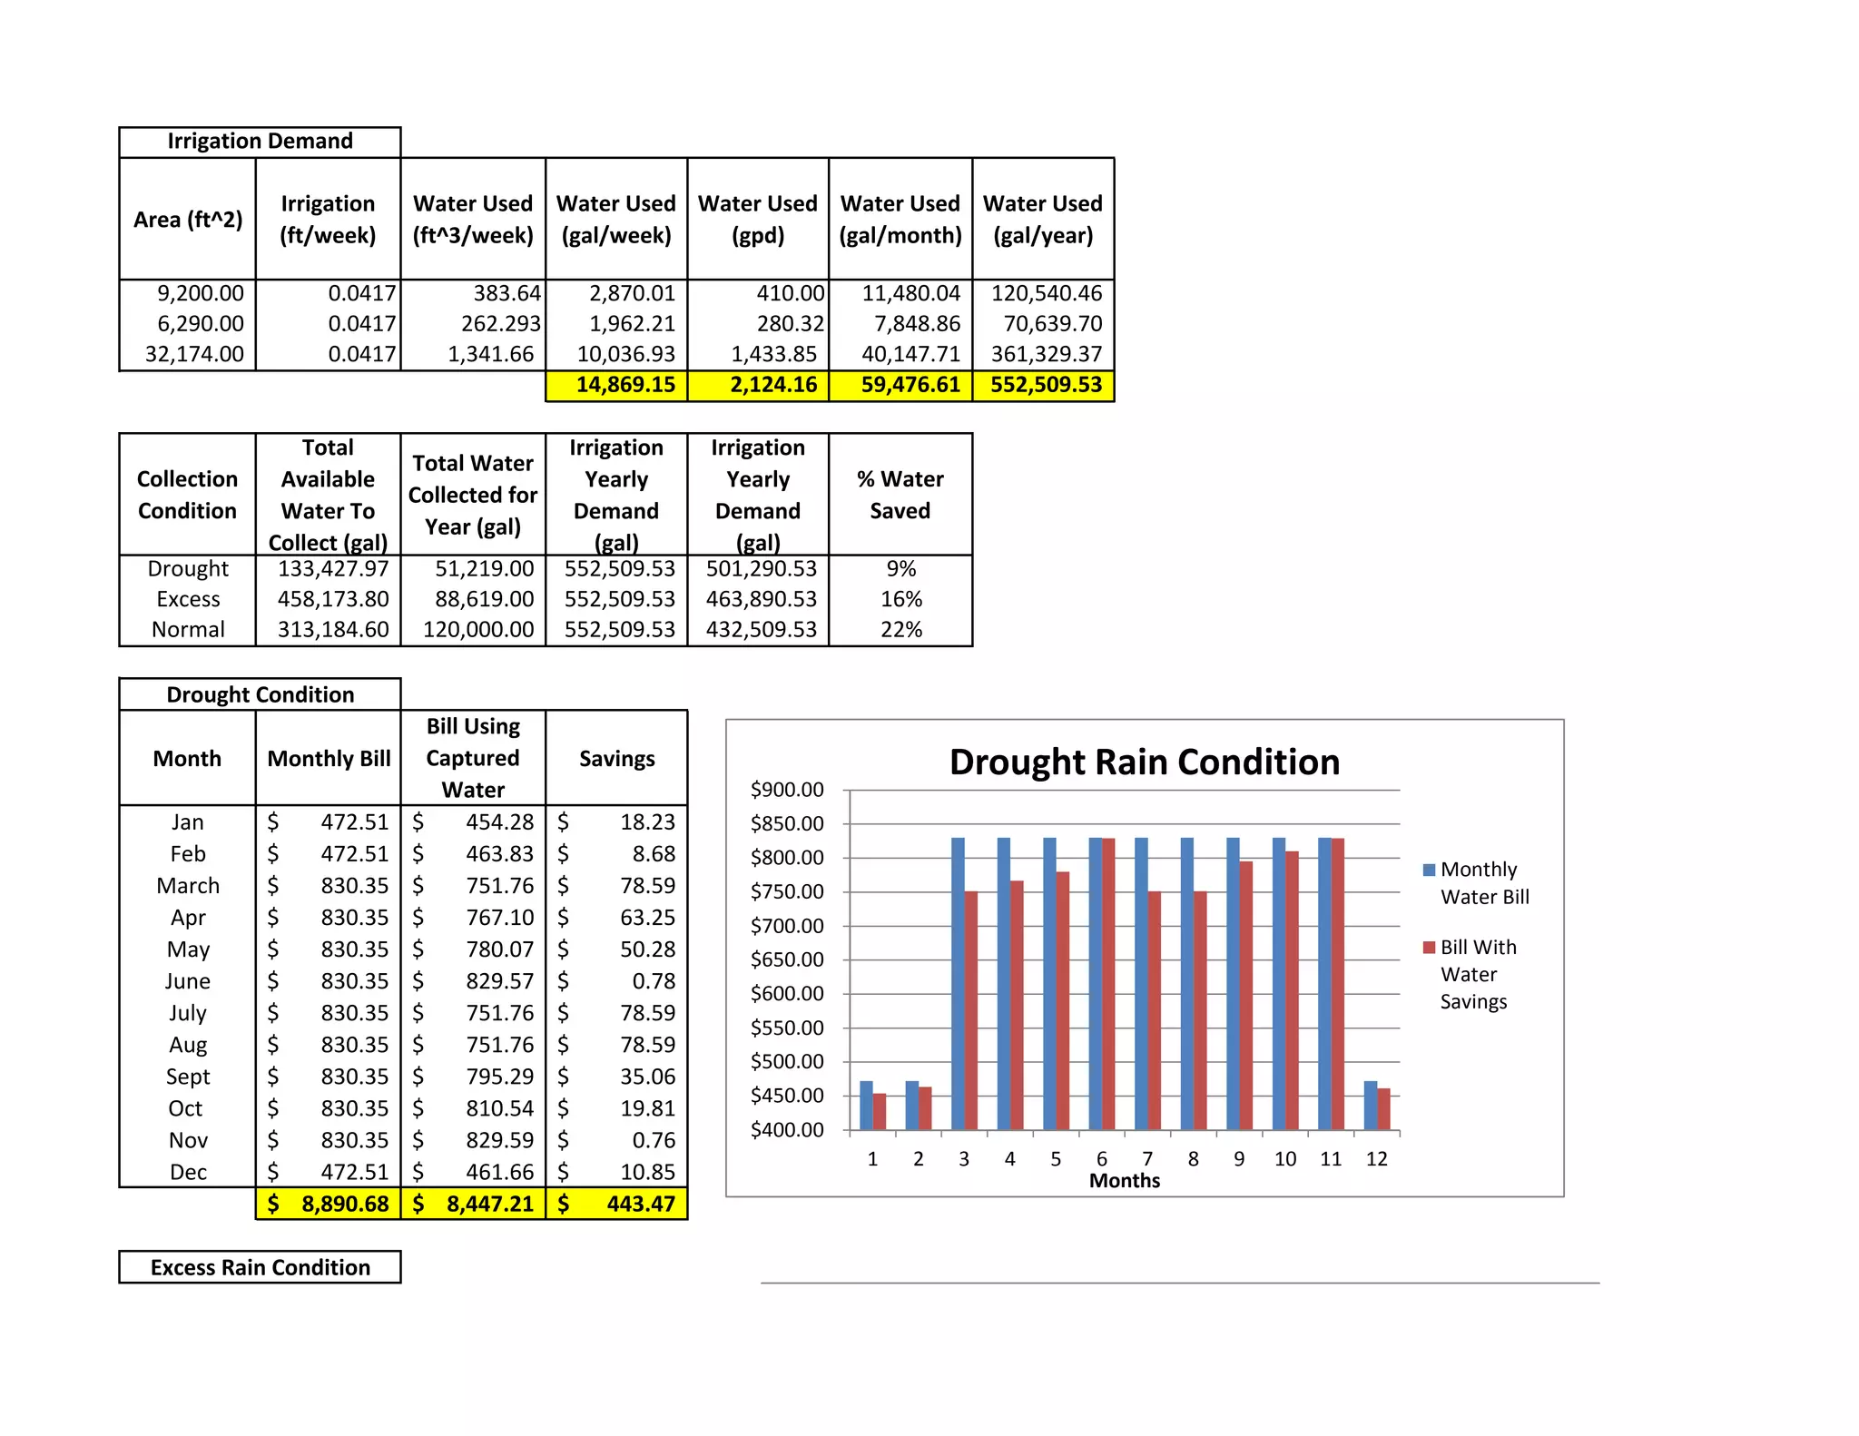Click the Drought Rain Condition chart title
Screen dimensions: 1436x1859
(x=1144, y=762)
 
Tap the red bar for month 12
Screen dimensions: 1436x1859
(x=1383, y=1108)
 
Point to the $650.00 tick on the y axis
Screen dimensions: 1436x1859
(x=787, y=959)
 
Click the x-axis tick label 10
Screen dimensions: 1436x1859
(x=1284, y=1159)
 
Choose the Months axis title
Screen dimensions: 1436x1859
(x=1124, y=1181)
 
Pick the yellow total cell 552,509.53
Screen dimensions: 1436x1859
(x=1045, y=385)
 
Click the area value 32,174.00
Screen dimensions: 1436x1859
(x=194, y=354)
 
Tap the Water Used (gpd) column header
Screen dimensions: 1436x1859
(x=757, y=219)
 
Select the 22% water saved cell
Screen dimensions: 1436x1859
(x=900, y=630)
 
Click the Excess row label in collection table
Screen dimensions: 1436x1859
(x=188, y=599)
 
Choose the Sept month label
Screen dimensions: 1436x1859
(x=188, y=1077)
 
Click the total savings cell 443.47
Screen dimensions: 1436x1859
(x=640, y=1205)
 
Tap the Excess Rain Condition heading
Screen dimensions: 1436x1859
(x=260, y=1267)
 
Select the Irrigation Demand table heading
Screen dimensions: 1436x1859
(x=260, y=142)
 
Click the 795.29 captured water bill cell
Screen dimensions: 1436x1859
(x=499, y=1077)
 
